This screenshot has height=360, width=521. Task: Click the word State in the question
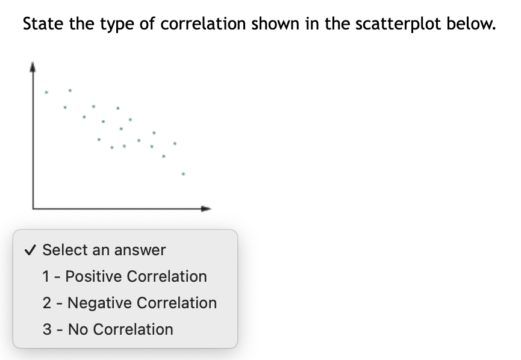click(x=41, y=24)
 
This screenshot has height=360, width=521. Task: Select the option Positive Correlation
click(x=136, y=276)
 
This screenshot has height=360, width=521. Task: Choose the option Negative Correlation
click(x=142, y=303)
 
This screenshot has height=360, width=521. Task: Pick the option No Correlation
click(x=120, y=329)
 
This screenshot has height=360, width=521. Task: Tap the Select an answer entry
click(x=104, y=250)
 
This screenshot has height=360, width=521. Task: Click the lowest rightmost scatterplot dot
click(x=184, y=175)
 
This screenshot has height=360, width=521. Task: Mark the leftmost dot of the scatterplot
click(x=47, y=93)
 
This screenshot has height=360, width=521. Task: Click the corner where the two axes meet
click(x=33, y=208)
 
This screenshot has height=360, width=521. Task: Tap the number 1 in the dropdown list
click(x=46, y=276)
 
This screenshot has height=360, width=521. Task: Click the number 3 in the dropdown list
click(x=46, y=329)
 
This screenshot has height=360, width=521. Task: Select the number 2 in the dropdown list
click(x=46, y=303)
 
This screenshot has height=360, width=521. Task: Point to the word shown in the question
click(x=270, y=24)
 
